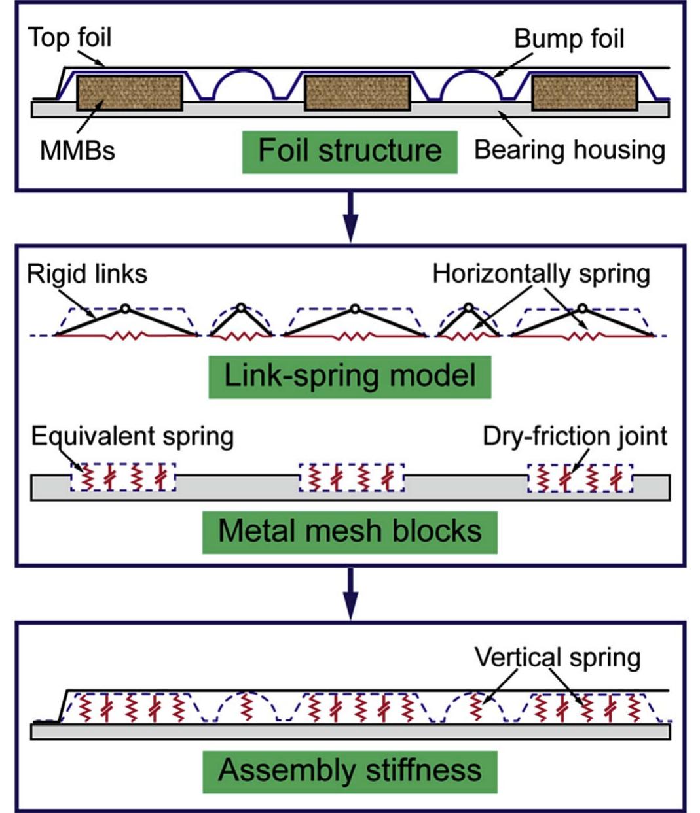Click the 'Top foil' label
pyautogui.click(x=69, y=37)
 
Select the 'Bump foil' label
pyautogui.click(x=568, y=39)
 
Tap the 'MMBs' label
pyautogui.click(x=77, y=150)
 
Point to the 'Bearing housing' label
pyautogui.click(x=569, y=150)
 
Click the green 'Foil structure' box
pyautogui.click(x=350, y=151)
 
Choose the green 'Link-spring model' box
pyautogui.click(x=350, y=376)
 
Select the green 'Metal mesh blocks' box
pyautogui.click(x=350, y=530)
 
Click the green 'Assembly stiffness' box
pyautogui.click(x=350, y=770)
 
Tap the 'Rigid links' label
pyautogui.click(x=87, y=273)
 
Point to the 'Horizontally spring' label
pyautogui.click(x=541, y=273)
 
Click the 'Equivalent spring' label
pyautogui.click(x=132, y=436)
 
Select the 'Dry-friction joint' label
pyautogui.click(x=575, y=436)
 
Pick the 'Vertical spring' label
pyautogui.click(x=557, y=657)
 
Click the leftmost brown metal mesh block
pyautogui.click(x=130, y=92)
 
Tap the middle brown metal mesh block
pyautogui.click(x=358, y=92)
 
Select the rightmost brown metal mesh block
pyautogui.click(x=584, y=92)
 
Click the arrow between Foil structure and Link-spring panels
pyautogui.click(x=352, y=216)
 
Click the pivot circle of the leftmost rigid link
pyautogui.click(x=126, y=308)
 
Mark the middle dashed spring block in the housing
pyautogui.click(x=352, y=478)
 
